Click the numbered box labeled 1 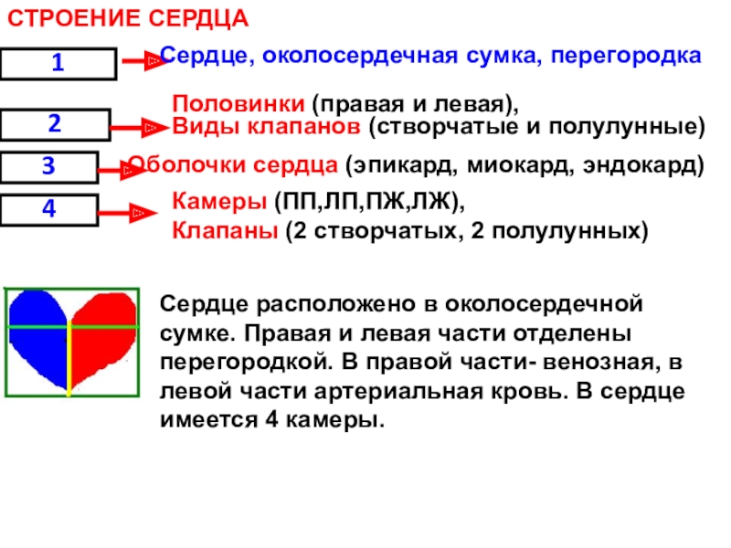click(58, 64)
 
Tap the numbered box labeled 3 click(48, 166)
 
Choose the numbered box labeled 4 click(48, 209)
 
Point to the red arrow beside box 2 click(139, 129)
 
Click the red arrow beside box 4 click(127, 214)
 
